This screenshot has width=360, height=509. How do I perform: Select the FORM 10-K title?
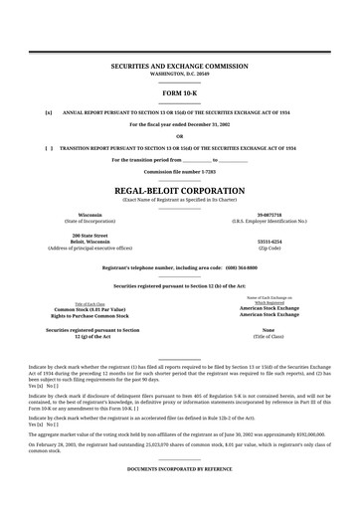[179, 91]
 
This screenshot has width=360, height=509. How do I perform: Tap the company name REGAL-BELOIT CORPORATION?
[179, 189]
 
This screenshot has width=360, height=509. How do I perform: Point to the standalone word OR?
[179, 136]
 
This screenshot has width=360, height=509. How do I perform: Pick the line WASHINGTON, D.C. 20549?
[179, 73]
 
